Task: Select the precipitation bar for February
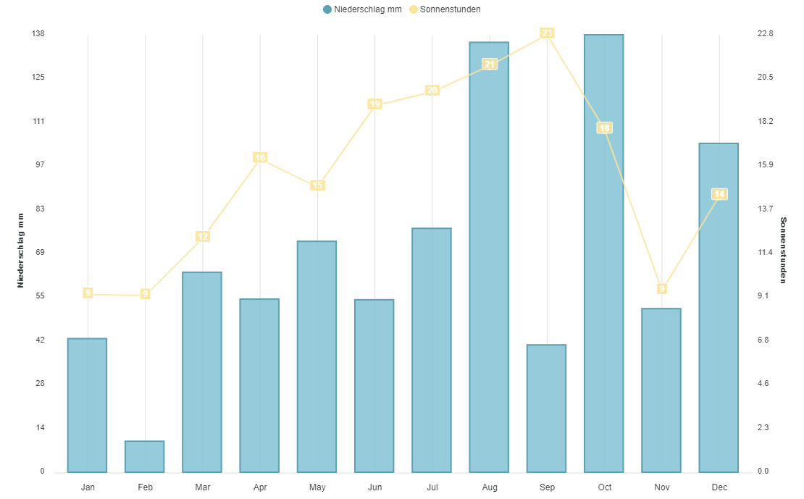pyautogui.click(x=145, y=456)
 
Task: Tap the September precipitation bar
pyautogui.click(x=546, y=408)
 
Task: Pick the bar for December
pyautogui.click(x=719, y=308)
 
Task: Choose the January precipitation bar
pyautogui.click(x=87, y=405)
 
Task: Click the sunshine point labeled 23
pyautogui.click(x=547, y=33)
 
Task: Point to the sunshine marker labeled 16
pyautogui.click(x=260, y=158)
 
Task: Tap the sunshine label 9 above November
pyautogui.click(x=662, y=289)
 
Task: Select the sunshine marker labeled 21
pyautogui.click(x=490, y=64)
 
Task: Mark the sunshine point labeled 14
pyautogui.click(x=719, y=194)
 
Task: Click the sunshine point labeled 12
pyautogui.click(x=203, y=237)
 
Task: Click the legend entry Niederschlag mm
pyautogui.click(x=362, y=9)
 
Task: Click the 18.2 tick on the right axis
pyautogui.click(x=765, y=121)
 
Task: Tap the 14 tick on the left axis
pyautogui.click(x=40, y=427)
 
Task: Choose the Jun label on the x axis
pyautogui.click(x=374, y=487)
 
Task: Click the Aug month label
pyautogui.click(x=490, y=487)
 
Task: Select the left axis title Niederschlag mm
pyautogui.click(x=21, y=251)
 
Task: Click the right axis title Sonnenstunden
pyautogui.click(x=783, y=251)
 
